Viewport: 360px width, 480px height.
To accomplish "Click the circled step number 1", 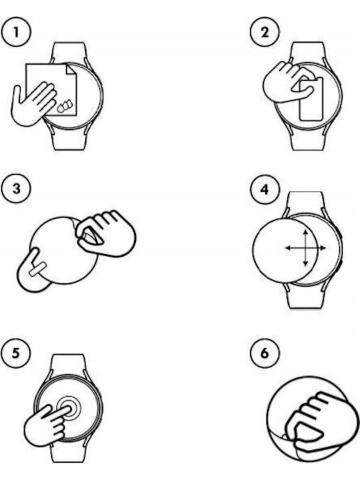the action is coord(16,32).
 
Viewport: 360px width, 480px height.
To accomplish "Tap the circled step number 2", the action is coord(265,32).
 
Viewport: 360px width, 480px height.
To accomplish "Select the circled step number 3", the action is coord(16,188).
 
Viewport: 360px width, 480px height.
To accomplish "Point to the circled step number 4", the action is coord(265,189).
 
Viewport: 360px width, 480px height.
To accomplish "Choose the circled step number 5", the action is coord(15,353).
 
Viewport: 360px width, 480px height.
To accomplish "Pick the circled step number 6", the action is coord(265,353).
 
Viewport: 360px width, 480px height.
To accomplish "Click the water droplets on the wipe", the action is coord(65,105).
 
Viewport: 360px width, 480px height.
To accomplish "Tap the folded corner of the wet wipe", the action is coord(71,69).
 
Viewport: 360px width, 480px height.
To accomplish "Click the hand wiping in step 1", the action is coord(33,103).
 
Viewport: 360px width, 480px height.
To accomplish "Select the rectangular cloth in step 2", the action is coord(311,99).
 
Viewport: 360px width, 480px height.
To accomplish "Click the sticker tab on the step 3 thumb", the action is coord(38,269).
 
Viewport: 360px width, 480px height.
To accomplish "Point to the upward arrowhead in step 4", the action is coord(306,232).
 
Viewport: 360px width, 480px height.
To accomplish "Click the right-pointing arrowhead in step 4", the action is coord(323,248).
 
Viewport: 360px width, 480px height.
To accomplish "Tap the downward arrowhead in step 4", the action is coord(306,263).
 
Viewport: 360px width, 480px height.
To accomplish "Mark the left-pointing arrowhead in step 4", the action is coord(288,248).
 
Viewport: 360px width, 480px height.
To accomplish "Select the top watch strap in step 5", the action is coord(68,364).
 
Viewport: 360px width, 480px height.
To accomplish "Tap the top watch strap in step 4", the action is coord(306,202).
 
